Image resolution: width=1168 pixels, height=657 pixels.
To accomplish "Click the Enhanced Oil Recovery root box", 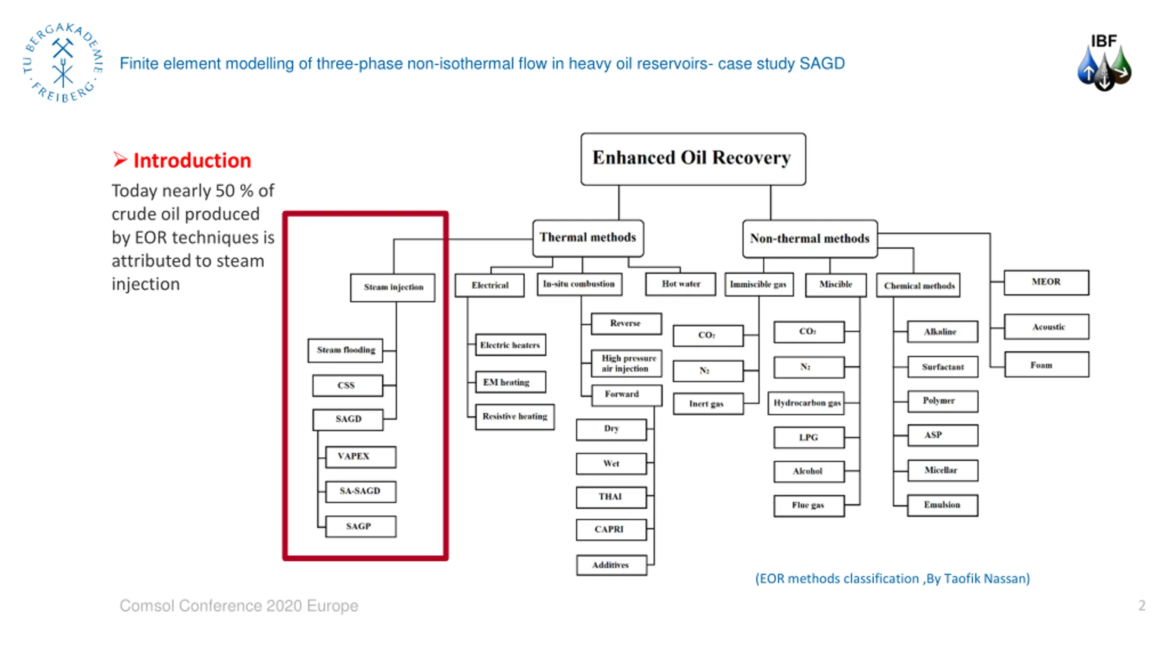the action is click(693, 159).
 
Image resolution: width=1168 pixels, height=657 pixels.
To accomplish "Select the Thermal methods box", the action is click(588, 238).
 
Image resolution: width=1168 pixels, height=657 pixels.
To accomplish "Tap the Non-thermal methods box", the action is click(810, 239).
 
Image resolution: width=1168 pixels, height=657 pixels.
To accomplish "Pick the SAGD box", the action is click(348, 420).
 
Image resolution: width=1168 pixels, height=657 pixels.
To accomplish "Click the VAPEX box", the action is click(360, 457).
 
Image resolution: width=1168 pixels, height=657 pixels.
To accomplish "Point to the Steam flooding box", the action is click(345, 350).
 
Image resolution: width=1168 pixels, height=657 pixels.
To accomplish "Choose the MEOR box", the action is click(1046, 282).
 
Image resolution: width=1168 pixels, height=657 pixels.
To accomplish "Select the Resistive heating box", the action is click(515, 417).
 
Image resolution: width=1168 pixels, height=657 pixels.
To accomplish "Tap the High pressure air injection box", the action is click(626, 363).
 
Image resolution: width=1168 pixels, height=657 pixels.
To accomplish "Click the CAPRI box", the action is click(611, 530).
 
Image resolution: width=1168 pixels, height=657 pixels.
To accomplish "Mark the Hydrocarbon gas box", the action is click(806, 403).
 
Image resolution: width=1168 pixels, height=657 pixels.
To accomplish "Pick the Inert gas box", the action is click(708, 404).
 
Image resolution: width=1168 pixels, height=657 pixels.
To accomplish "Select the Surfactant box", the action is click(943, 367).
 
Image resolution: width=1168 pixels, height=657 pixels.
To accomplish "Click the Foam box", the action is click(1047, 365).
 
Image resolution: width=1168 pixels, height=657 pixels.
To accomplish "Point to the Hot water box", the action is click(681, 284).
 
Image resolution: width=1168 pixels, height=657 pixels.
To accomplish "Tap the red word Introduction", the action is click(192, 161).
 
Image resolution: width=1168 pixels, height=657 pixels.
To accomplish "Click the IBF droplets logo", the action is click(1104, 63).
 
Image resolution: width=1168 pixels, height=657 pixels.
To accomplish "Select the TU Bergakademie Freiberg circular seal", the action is click(63, 63).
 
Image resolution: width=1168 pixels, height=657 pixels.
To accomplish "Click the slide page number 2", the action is click(1142, 605).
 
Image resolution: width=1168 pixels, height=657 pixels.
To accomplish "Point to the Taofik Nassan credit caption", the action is click(892, 579).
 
